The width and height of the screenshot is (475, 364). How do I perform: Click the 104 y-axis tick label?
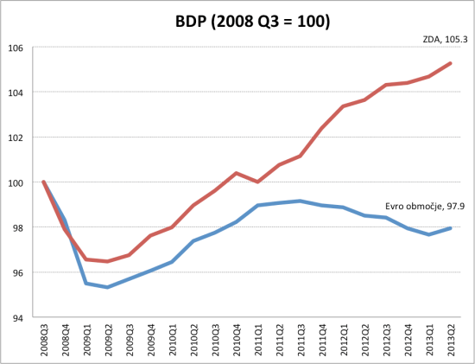click(x=17, y=92)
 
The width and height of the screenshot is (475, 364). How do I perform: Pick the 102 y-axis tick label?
click(x=17, y=137)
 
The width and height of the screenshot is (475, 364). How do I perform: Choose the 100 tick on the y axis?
click(x=17, y=182)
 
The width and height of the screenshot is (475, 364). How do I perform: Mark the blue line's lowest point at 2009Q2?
click(x=107, y=287)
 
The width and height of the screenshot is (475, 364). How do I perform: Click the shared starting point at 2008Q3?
click(x=43, y=182)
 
